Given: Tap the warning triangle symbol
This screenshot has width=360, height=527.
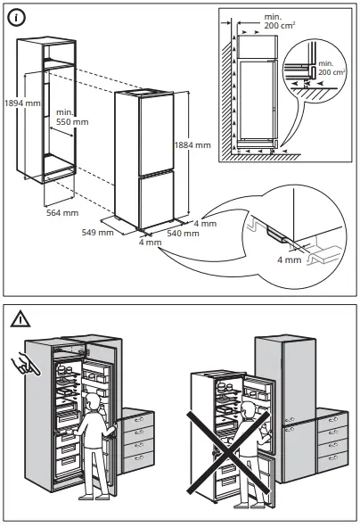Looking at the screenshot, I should coord(20,317).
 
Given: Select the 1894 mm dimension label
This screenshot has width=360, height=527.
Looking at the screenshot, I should coord(20,102).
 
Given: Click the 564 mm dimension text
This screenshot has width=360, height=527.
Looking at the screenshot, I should coord(61,213).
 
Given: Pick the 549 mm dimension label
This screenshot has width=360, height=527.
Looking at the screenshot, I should coord(98,233).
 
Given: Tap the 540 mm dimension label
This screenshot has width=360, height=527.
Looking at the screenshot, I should coord(183,233).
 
